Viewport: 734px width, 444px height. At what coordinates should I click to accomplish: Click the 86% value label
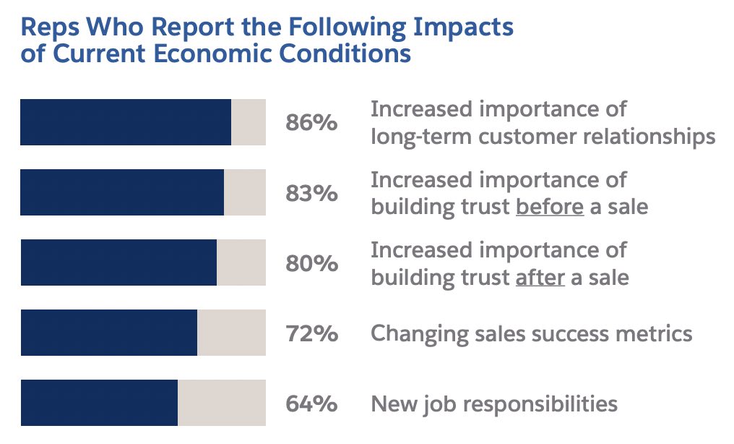[311, 123]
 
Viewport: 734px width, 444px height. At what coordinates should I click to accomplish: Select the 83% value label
[311, 193]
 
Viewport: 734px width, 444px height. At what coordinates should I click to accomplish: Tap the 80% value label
[311, 263]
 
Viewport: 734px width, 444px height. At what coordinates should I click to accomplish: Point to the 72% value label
[311, 333]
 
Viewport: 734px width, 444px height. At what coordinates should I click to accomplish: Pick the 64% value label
[311, 404]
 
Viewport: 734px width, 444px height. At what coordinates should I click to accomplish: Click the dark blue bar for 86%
[126, 122]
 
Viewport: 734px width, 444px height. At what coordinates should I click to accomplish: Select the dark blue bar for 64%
[99, 403]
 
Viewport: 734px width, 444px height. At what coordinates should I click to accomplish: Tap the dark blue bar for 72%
[109, 333]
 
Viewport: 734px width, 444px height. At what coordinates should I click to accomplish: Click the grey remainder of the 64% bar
[222, 403]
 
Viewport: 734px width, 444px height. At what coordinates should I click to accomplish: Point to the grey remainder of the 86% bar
[249, 122]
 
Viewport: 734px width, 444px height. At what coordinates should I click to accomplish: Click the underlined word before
[549, 207]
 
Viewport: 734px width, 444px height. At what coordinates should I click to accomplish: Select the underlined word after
[540, 277]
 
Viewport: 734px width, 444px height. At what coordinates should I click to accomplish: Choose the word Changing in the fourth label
[417, 333]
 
